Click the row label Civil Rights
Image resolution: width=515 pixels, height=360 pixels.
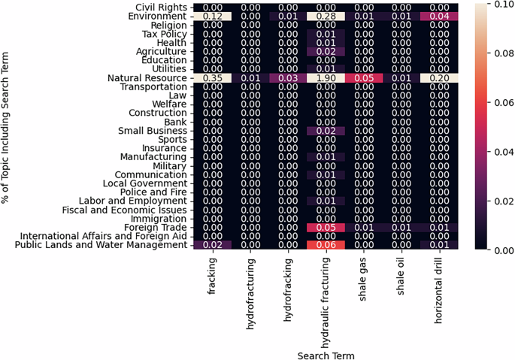click(x=156, y=6)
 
